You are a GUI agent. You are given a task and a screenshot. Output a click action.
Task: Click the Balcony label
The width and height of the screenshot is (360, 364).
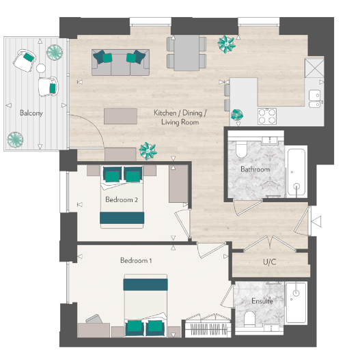coord(31,113)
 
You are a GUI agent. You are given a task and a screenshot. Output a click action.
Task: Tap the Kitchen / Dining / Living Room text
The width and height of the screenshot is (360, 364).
coord(180,117)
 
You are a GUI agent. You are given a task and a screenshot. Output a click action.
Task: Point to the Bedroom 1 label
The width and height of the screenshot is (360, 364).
coord(137,261)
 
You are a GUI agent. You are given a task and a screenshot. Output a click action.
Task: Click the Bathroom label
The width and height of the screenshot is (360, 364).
coord(255,169)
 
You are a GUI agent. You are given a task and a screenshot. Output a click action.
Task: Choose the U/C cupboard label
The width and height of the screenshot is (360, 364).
coord(269,262)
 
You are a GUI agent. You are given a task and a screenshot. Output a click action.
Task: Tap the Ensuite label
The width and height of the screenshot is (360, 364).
coord(262,300)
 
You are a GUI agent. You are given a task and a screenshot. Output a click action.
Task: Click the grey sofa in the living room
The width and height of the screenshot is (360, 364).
coord(120,62)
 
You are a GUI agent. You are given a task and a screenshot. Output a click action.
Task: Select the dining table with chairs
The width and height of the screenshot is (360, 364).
coord(186,53)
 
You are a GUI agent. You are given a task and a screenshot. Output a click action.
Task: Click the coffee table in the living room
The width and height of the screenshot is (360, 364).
coord(120,115)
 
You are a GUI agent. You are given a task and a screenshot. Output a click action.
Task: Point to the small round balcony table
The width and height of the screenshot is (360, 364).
coord(40,68)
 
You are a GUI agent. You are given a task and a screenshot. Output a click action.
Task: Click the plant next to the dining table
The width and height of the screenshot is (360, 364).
coord(226,44)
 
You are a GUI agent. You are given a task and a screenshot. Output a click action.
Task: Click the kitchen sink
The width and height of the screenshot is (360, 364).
coord(314,100)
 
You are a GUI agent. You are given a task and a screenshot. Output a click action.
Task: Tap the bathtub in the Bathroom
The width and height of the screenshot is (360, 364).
coord(296,173)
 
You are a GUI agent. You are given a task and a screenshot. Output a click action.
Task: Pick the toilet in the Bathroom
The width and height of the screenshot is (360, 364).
coord(241,150)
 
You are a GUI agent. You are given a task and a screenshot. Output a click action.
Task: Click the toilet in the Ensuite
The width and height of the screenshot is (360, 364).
coord(249,318)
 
